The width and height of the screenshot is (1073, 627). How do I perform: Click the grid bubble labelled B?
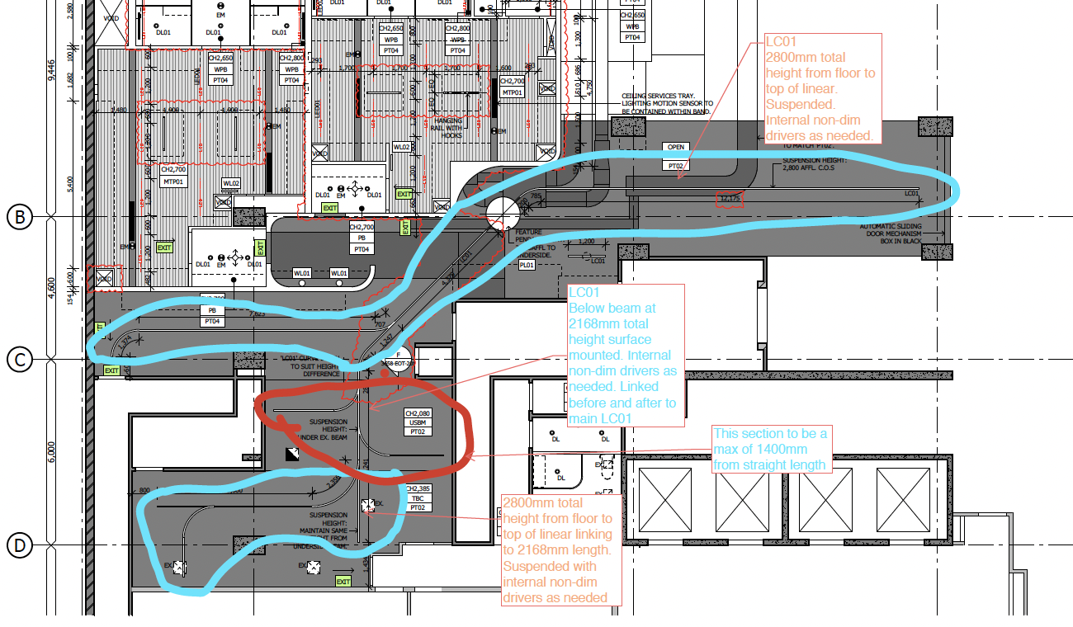[x=19, y=216]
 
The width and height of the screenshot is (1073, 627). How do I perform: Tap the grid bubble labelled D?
[x=19, y=545]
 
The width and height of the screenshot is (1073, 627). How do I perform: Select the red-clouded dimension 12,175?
[x=730, y=199]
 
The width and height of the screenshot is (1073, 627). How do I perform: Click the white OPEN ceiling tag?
[x=676, y=148]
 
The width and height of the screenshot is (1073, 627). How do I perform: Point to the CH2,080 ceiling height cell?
[x=418, y=413]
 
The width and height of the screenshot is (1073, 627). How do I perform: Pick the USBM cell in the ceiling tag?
[x=418, y=422]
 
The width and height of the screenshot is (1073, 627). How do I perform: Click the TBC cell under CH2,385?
[x=417, y=498]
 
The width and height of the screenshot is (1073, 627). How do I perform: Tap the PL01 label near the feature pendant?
[x=527, y=266]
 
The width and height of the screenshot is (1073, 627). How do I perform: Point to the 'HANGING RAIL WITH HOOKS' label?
[x=448, y=127]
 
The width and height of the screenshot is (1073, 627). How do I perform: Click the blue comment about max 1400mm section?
[x=770, y=449]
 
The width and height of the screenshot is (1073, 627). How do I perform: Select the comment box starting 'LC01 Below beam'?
[x=626, y=355]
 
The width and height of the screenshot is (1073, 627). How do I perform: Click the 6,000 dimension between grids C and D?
[x=50, y=452]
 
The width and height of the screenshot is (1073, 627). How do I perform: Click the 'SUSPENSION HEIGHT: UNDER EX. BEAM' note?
[x=329, y=429]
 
